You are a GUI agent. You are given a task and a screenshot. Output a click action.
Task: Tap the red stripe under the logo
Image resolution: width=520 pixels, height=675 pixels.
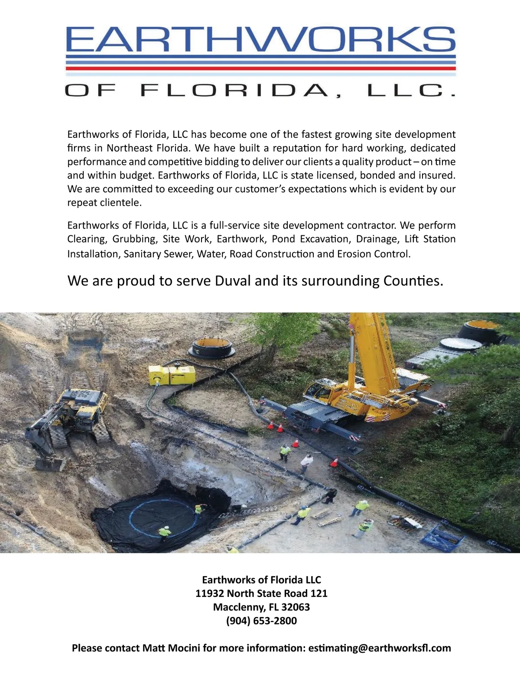point(260,68)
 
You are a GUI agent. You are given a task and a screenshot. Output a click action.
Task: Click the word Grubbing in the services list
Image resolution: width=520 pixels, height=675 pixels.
point(134,239)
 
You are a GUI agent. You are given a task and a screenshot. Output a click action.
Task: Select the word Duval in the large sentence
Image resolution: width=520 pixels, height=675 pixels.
point(233,281)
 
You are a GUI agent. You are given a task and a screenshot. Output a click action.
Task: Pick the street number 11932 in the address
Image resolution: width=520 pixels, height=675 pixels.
point(209,594)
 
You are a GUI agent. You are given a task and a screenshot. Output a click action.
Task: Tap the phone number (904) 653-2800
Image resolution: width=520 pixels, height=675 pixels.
point(261,621)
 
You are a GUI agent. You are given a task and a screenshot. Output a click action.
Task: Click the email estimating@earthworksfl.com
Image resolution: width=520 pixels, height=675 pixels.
point(380,648)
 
